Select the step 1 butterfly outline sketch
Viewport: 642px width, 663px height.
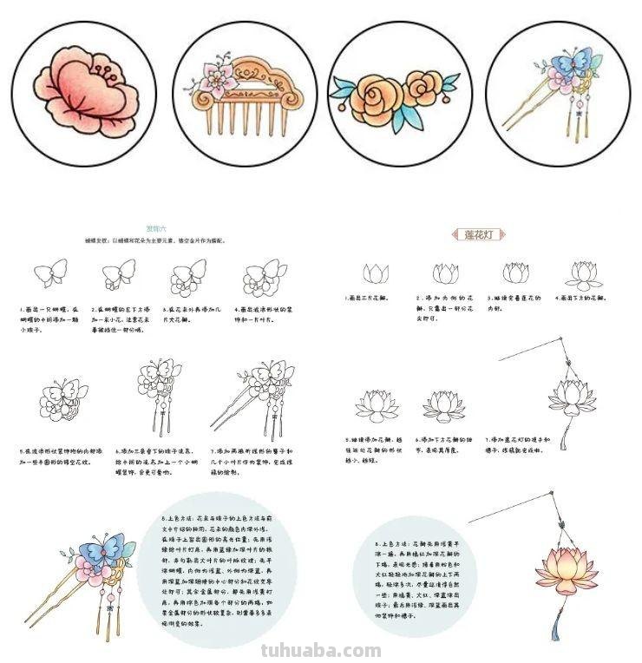(50, 273)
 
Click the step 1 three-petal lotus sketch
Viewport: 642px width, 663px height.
(376, 274)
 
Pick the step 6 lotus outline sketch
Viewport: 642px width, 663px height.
(443, 405)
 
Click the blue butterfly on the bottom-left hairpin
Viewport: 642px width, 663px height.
(108, 548)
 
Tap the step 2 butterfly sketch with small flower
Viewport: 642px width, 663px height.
(119, 275)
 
